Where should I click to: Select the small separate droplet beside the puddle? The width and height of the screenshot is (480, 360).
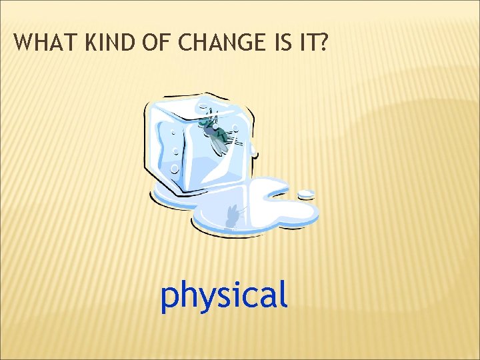(305, 194)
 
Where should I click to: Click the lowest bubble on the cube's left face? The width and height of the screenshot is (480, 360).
(175, 168)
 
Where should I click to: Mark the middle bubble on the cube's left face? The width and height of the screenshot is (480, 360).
(171, 150)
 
